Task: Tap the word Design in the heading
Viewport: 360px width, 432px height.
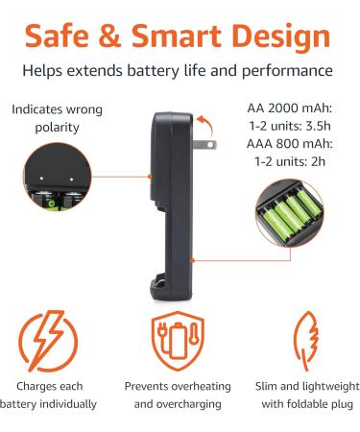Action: click(288, 36)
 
